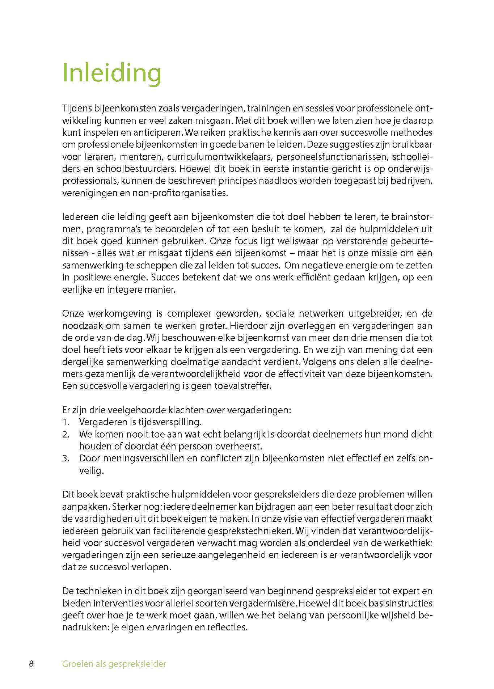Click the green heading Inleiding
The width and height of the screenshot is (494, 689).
click(x=111, y=73)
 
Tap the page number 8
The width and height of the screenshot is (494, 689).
click(x=31, y=664)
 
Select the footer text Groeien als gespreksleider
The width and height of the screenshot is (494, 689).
click(x=114, y=664)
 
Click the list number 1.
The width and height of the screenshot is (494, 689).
click(x=66, y=422)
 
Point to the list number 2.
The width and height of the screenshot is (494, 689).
click(x=66, y=435)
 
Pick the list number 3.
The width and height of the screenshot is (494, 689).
click(x=66, y=458)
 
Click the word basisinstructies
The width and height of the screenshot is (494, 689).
click(x=401, y=603)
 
